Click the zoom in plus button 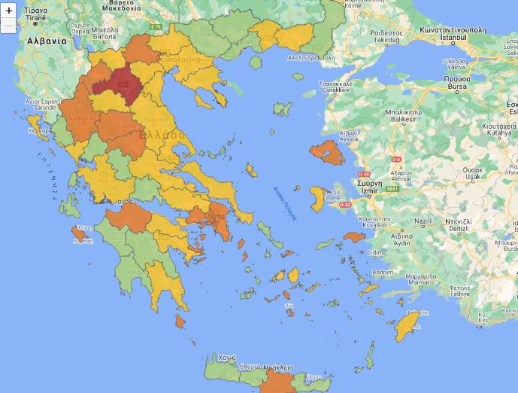tap(9, 11)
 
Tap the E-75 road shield tap(156, 27)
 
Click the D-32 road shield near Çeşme tap(345, 204)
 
